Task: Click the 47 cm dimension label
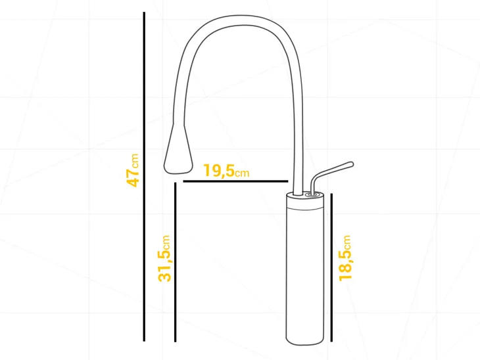click(133, 170)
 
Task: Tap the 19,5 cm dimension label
click(226, 171)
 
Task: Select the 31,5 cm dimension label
click(164, 258)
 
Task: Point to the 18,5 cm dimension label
click(345, 258)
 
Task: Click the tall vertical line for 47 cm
click(144, 177)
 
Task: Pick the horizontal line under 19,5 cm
click(235, 181)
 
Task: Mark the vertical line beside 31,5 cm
click(175, 262)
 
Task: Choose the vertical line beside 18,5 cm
click(331, 267)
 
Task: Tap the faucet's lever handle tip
click(351, 164)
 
